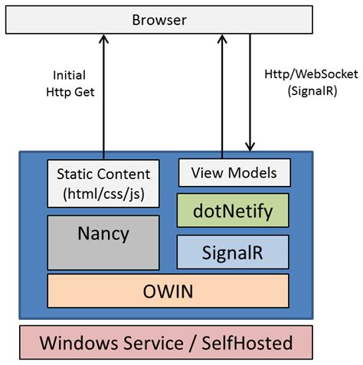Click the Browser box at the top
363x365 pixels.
click(x=159, y=20)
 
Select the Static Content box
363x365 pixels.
click(x=103, y=182)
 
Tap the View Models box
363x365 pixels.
click(x=234, y=172)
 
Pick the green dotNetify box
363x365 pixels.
click(x=234, y=209)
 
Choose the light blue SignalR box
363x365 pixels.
click(x=233, y=252)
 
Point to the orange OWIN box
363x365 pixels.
click(x=168, y=291)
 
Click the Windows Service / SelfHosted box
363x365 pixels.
click(x=165, y=342)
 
